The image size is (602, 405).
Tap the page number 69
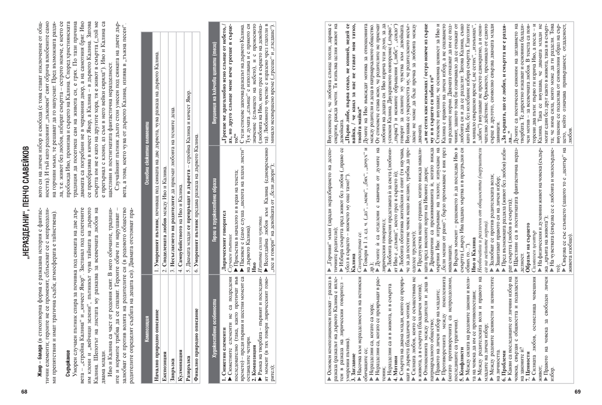pos(578,391)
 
